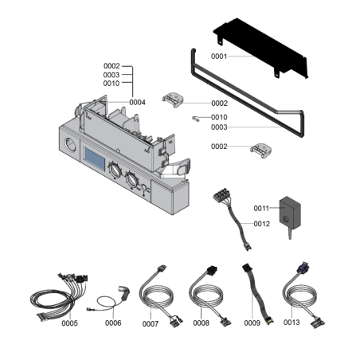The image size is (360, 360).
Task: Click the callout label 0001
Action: (219, 57)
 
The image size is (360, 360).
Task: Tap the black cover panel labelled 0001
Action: (260, 48)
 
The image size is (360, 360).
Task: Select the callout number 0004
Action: (137, 102)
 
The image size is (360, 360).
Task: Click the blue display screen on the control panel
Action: (95, 159)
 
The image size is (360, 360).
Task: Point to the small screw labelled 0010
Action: (196, 119)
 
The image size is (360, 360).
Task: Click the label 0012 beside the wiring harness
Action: (262, 224)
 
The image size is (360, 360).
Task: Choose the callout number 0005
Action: (70, 323)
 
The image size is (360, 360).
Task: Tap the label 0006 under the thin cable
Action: (113, 323)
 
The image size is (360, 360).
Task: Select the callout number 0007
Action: (151, 323)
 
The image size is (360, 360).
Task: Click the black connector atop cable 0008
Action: (212, 270)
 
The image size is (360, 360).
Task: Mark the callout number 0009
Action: (252, 323)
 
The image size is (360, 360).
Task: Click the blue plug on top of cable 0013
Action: (303, 267)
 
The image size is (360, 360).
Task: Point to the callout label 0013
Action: (292, 323)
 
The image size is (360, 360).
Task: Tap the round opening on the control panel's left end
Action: (70, 145)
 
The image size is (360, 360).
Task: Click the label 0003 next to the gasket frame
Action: (219, 127)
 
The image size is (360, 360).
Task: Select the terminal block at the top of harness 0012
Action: (221, 194)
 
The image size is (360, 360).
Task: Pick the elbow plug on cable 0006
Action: (124, 292)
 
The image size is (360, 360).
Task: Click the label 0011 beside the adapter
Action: (261, 209)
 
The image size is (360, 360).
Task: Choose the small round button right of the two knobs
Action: (143, 188)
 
